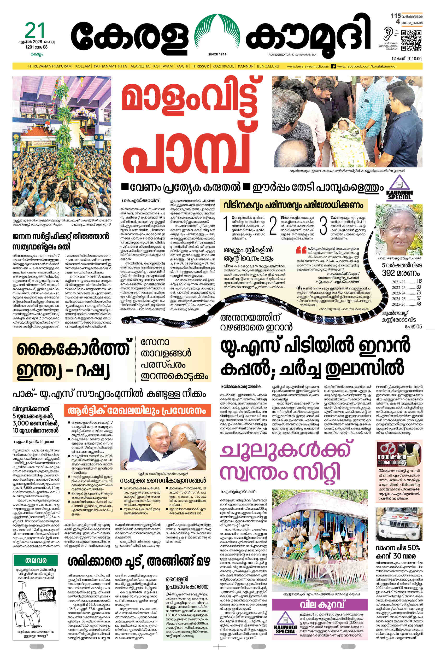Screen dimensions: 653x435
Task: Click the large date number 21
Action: [x=35, y=30]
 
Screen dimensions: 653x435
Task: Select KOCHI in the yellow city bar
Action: [x=182, y=66]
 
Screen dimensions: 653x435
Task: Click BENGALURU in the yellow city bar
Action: [x=268, y=66]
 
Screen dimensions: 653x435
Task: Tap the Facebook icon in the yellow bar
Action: [x=333, y=66]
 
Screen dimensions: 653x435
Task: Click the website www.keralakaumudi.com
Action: [x=308, y=66]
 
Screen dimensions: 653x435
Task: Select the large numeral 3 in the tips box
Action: [x=323, y=225]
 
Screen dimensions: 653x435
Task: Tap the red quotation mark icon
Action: [x=301, y=250]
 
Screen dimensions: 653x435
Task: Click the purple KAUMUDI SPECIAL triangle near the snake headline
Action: [x=399, y=188]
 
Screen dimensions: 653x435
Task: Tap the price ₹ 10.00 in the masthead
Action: [x=414, y=59]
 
